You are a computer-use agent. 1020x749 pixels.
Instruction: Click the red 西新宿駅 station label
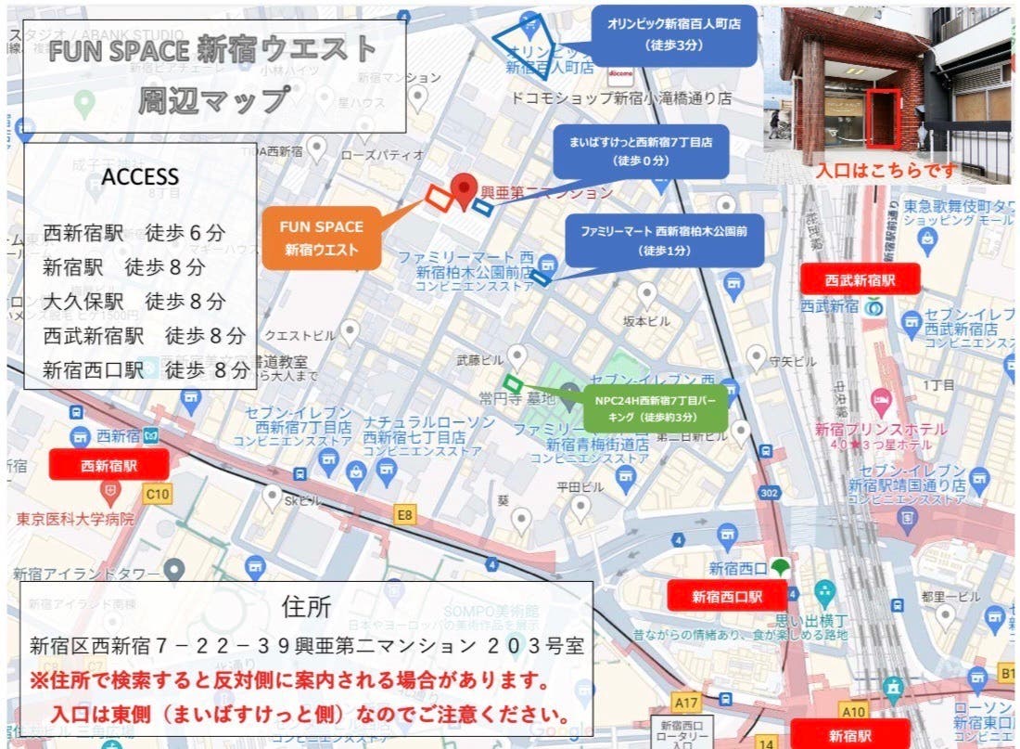[110, 465]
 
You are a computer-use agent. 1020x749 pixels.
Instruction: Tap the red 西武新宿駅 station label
[861, 278]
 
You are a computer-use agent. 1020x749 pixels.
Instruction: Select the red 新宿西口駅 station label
[727, 596]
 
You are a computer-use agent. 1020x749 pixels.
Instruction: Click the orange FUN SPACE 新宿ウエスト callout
[323, 238]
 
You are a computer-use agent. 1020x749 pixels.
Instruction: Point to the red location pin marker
[465, 190]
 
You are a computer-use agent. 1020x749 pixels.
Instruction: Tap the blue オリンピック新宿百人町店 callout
[673, 35]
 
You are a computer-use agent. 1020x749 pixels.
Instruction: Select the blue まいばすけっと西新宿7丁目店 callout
[641, 151]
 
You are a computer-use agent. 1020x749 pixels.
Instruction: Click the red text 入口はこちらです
[885, 172]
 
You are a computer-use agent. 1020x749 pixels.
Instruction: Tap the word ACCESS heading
[140, 176]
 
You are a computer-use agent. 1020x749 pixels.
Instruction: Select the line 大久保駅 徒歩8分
[134, 301]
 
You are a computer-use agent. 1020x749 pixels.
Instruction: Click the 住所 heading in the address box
[305, 607]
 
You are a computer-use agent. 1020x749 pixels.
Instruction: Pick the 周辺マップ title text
[213, 98]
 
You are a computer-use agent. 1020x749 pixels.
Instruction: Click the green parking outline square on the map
[513, 382]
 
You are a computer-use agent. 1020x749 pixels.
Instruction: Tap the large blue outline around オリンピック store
[524, 42]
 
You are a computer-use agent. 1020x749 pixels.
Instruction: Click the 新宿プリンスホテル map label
[881, 430]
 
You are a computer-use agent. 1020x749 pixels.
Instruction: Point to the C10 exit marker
[158, 495]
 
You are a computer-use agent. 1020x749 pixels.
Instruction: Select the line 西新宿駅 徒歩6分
[134, 233]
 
